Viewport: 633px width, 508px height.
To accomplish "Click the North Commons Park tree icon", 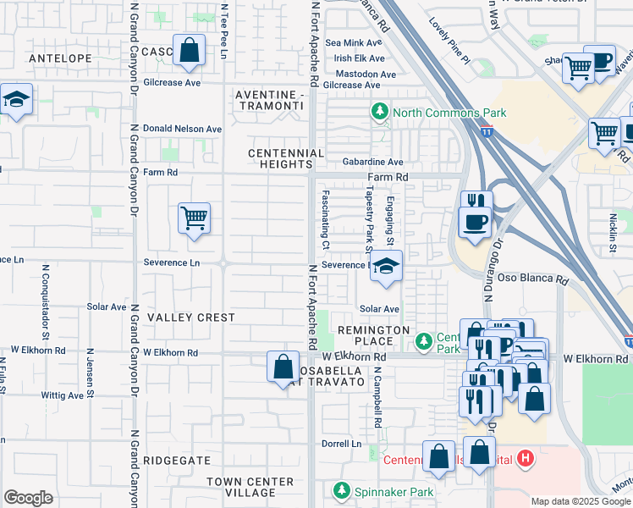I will click(x=381, y=112).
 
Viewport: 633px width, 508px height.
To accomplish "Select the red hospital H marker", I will click(x=526, y=459).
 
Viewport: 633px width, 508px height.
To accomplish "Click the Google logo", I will click(x=28, y=498).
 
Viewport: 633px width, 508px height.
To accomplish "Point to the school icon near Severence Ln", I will click(x=386, y=268).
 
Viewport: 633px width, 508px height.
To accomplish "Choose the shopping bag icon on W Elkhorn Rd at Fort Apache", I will click(x=283, y=367).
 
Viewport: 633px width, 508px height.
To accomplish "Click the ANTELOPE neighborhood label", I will click(x=59, y=58).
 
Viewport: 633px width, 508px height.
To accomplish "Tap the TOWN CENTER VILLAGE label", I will click(x=250, y=487).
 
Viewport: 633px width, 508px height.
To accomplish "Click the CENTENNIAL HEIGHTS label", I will click(x=286, y=158).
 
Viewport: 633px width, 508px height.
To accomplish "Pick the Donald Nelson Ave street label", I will click(x=182, y=129).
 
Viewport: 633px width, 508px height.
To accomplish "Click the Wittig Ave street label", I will click(x=64, y=395).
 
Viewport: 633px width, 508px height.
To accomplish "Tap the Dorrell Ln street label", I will click(x=341, y=443).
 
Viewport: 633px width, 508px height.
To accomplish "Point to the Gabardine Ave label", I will click(x=372, y=162).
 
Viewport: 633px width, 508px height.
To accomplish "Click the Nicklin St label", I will click(x=613, y=234).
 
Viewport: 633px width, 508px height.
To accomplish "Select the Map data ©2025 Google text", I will click(x=580, y=501).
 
